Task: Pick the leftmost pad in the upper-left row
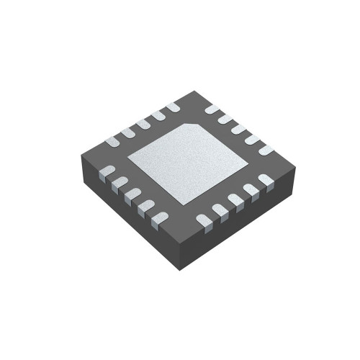click(x=112, y=141)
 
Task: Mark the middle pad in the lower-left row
click(x=132, y=195)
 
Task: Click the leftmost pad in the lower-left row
click(x=105, y=171)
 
